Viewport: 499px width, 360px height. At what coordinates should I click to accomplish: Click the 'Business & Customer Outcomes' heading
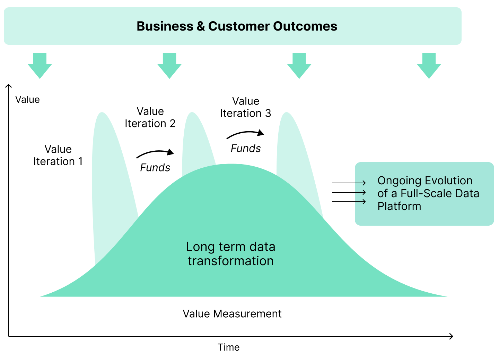click(x=237, y=26)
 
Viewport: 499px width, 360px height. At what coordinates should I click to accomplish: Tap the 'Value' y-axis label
click(x=27, y=100)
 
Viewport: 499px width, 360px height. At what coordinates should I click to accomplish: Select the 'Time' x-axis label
click(x=228, y=347)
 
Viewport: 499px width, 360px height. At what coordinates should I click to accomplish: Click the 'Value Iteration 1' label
click(x=58, y=155)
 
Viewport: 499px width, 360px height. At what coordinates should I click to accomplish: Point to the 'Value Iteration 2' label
click(x=150, y=117)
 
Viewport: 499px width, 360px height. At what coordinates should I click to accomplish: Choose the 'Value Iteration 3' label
click(x=245, y=107)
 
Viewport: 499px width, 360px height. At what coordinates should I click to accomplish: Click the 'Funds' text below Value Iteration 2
click(x=155, y=168)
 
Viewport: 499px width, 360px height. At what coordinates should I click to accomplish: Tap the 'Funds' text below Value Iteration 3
click(x=246, y=149)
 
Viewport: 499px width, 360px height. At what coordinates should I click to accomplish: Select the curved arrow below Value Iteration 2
click(x=155, y=153)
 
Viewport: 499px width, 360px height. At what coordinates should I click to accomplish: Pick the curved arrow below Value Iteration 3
click(x=245, y=134)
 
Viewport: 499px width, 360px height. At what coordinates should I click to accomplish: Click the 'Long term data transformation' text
click(x=230, y=254)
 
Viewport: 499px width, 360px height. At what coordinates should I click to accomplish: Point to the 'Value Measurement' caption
click(x=232, y=314)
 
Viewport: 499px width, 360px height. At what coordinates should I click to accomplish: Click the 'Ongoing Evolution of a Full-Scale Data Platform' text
click(x=428, y=193)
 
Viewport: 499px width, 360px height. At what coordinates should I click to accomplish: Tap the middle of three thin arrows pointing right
click(x=349, y=192)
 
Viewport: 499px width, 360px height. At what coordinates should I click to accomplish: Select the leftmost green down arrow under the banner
click(x=40, y=66)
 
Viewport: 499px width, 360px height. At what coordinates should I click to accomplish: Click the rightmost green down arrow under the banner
click(x=429, y=66)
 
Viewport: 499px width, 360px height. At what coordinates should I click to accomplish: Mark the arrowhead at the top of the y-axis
click(x=9, y=86)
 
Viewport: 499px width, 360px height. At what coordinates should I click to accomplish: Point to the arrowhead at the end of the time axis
click(x=451, y=336)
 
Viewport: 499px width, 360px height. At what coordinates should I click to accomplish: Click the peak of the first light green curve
click(x=102, y=113)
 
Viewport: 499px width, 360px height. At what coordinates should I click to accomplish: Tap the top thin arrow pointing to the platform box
click(x=349, y=183)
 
